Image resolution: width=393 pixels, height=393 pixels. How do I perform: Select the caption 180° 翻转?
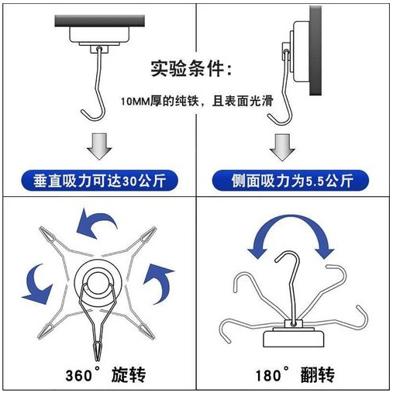pyautogui.click(x=295, y=376)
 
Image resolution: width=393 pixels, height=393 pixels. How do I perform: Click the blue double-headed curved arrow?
pyautogui.click(x=290, y=233)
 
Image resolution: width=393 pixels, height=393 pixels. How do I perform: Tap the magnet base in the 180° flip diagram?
pyautogui.click(x=293, y=336)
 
